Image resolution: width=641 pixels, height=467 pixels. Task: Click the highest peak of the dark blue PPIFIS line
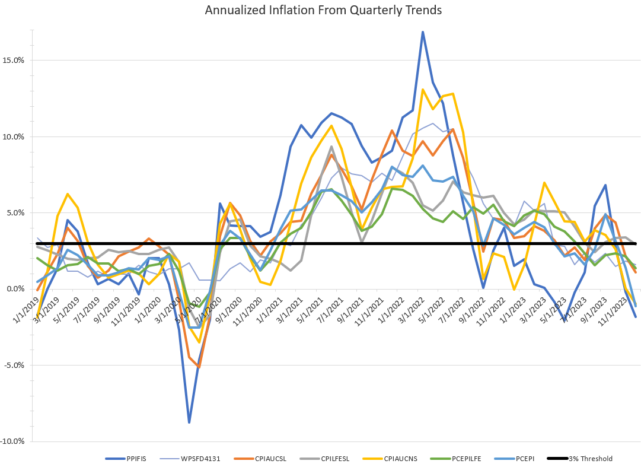click(x=422, y=32)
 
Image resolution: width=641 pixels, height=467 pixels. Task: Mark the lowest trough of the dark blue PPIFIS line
click(x=189, y=422)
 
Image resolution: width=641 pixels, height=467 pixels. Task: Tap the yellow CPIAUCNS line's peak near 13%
click(x=422, y=90)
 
